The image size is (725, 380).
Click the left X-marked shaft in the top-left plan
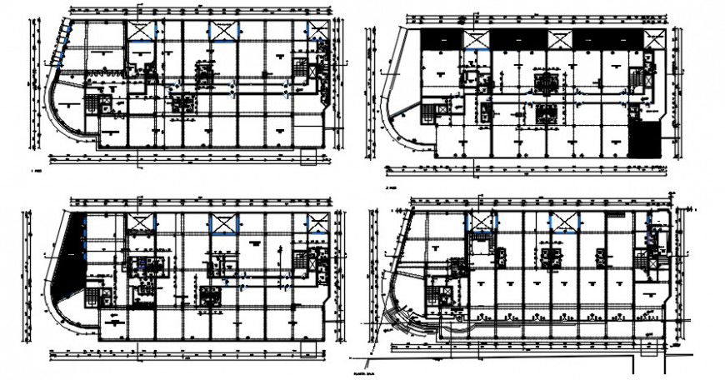point(140,30)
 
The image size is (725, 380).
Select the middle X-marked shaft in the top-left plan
point(224,30)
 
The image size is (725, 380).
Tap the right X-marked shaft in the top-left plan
point(317,31)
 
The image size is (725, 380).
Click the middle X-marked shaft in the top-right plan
point(558,39)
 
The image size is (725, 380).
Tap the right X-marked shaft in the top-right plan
point(656,39)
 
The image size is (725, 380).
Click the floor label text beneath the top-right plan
point(390,188)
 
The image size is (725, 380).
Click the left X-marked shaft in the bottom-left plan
point(140,222)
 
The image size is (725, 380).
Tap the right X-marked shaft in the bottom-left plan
point(317,222)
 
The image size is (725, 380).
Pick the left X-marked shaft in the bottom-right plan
point(481,221)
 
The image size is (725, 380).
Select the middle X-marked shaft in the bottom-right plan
point(563,221)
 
